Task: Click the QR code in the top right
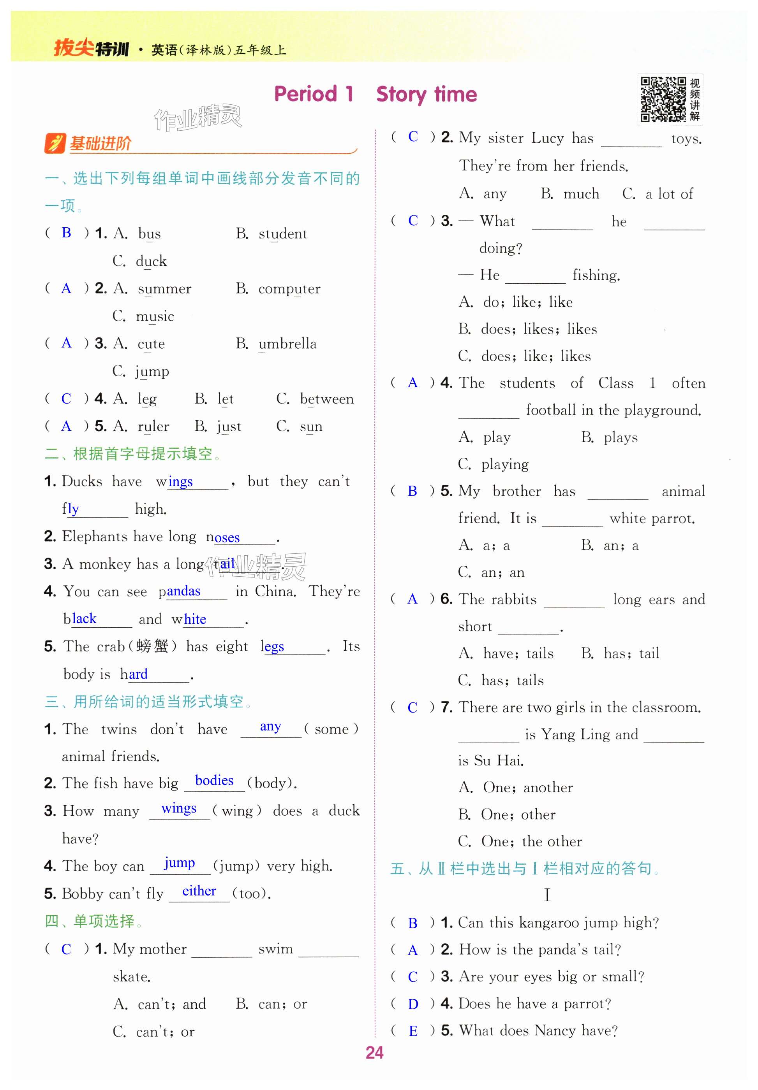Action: click(x=663, y=100)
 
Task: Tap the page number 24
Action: click(x=374, y=1053)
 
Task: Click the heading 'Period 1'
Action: click(x=314, y=94)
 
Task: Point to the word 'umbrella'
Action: click(x=287, y=344)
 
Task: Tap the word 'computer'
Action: click(x=289, y=289)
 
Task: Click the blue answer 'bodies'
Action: click(x=214, y=781)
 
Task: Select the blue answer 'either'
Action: click(x=199, y=891)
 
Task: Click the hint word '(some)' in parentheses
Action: click(x=331, y=729)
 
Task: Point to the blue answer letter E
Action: click(x=413, y=1031)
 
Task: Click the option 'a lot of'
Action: click(x=669, y=194)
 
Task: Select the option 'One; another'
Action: click(x=528, y=788)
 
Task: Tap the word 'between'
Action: click(x=327, y=399)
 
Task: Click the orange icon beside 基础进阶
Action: click(x=55, y=143)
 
